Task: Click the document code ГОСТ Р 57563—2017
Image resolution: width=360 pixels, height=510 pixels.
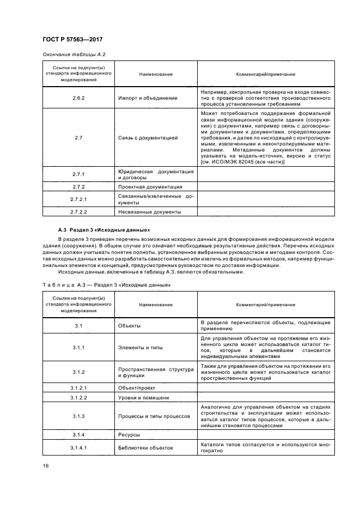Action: click(x=72, y=40)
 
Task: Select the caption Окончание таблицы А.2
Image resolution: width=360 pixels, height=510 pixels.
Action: click(x=74, y=54)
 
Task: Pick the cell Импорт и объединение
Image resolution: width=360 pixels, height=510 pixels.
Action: click(x=148, y=98)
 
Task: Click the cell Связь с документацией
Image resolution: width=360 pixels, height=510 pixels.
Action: click(x=148, y=138)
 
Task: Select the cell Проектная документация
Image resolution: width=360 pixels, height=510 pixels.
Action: click(x=150, y=186)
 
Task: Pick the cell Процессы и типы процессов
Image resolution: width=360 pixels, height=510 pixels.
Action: click(x=154, y=416)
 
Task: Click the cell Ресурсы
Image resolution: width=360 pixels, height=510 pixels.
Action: click(x=130, y=435)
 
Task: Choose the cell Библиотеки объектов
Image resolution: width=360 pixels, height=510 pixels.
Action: click(x=145, y=448)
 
